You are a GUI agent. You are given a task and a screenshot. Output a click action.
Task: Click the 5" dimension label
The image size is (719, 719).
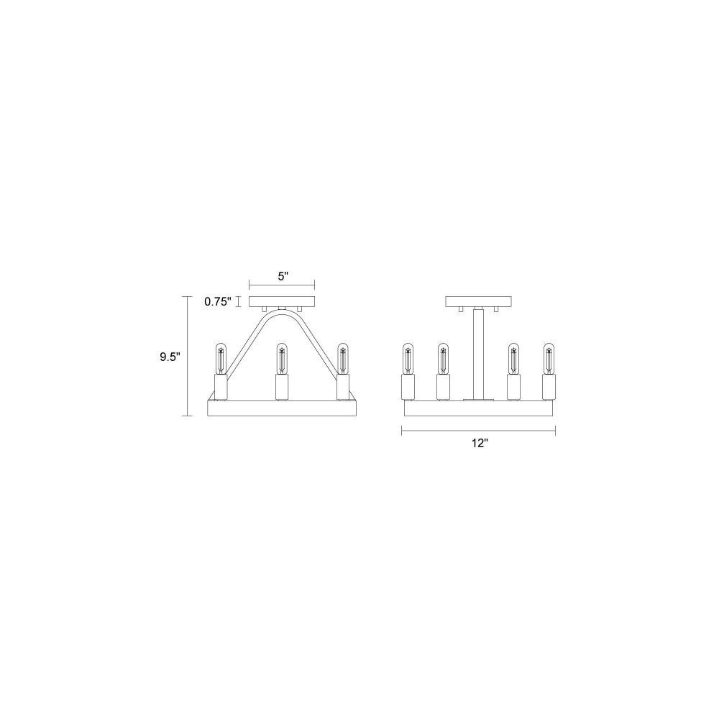(283, 276)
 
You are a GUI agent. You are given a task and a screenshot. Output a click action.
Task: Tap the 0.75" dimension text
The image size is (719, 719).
(219, 302)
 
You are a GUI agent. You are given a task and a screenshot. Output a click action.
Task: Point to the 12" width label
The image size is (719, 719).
(479, 443)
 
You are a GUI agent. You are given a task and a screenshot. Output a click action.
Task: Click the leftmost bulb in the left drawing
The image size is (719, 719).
(221, 358)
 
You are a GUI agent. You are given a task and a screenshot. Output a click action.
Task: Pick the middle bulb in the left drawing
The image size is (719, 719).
(282, 358)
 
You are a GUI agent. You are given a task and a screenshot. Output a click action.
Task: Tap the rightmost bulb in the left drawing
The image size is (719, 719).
(342, 358)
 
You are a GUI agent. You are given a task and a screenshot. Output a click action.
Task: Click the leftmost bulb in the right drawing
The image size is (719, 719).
(408, 358)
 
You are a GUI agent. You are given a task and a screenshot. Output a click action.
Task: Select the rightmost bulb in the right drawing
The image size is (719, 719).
(549, 358)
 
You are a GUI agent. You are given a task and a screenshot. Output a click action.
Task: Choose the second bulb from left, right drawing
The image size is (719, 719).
(443, 358)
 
